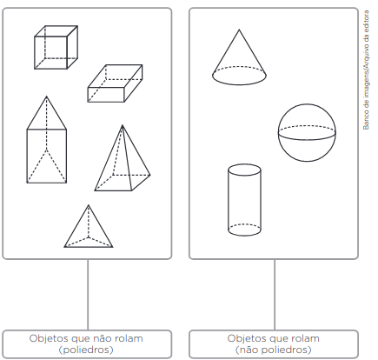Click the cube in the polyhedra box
point(56,47)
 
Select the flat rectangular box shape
point(115,83)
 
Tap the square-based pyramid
point(123,158)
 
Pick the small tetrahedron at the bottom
point(89,226)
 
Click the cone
point(239,57)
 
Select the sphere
point(307,132)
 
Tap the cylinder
point(244,200)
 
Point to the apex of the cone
point(239,30)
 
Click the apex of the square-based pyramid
point(123,125)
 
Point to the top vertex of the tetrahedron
point(89,205)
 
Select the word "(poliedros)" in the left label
point(86,350)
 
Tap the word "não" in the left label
point(100,338)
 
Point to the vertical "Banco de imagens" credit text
point(367,70)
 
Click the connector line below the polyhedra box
point(88,295)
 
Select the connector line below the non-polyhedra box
point(275,295)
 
